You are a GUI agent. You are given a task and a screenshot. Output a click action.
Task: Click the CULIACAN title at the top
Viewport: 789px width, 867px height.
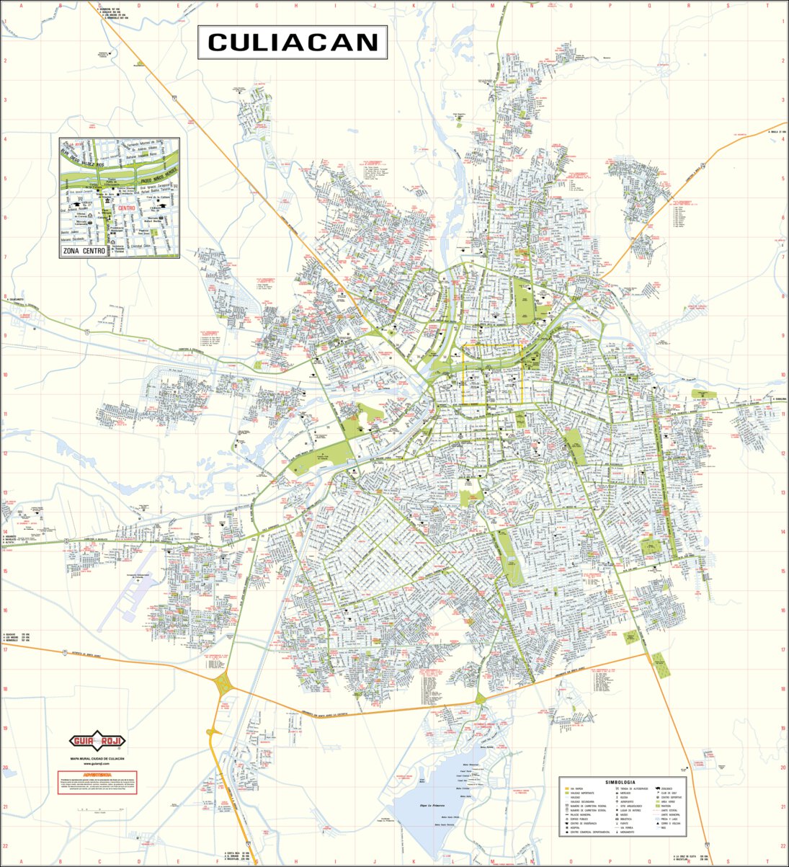coord(293,43)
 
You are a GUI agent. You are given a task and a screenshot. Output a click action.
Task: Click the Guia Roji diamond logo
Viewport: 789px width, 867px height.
coord(97,741)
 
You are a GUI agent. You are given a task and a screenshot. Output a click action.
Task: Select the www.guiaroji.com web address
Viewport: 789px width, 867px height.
coord(97,763)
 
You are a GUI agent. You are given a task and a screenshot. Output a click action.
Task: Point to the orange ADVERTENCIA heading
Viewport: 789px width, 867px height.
coord(97,775)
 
